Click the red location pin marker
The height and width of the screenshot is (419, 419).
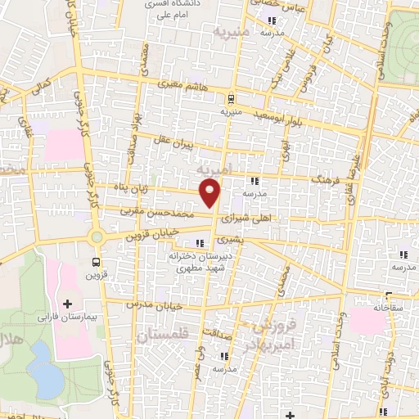210,193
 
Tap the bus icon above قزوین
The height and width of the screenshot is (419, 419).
97,263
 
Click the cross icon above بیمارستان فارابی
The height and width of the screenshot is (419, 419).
79,304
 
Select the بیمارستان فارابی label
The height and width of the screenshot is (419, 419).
65,315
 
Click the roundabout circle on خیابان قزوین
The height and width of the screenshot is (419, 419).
97,237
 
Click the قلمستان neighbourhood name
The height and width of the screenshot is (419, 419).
164,335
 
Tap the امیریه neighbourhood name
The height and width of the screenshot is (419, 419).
215,168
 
